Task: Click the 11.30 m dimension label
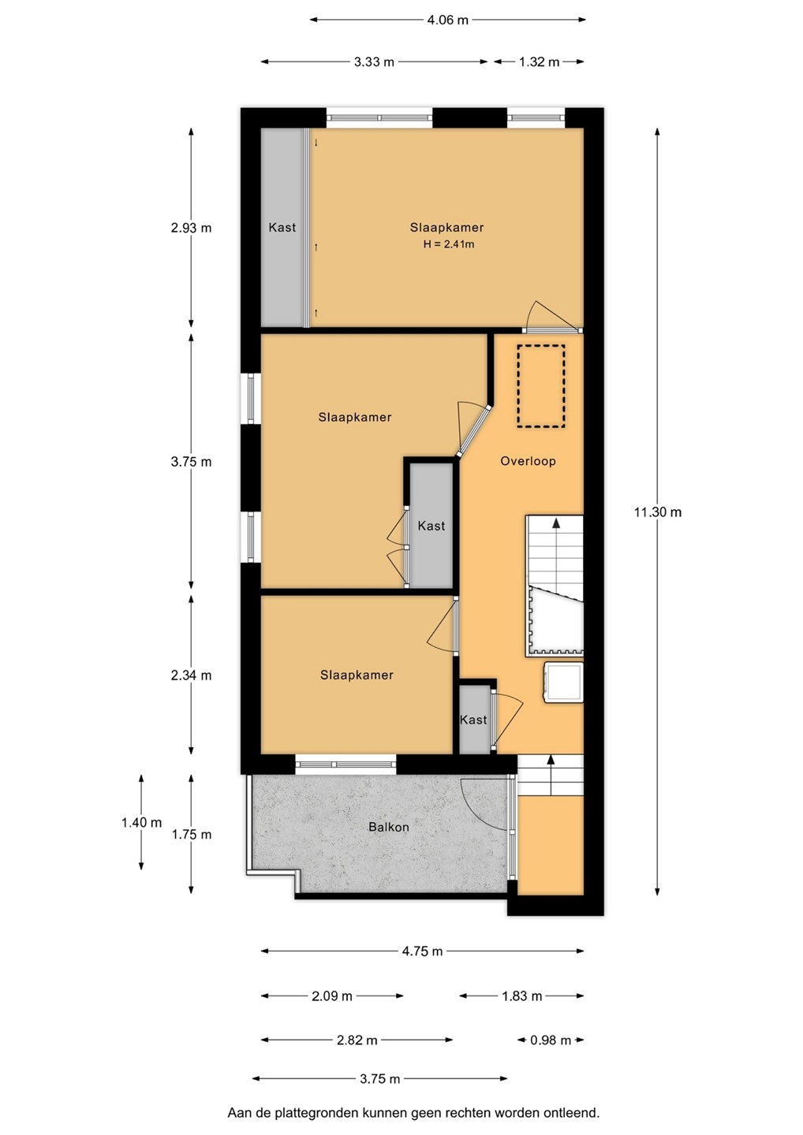[x=658, y=512]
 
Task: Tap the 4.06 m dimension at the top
[x=448, y=20]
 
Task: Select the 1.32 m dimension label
[x=539, y=61]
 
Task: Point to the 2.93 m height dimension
[x=191, y=228]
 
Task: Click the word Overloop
[x=528, y=461]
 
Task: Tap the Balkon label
[x=388, y=827]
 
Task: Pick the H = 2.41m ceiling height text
[x=449, y=244]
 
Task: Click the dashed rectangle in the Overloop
[x=541, y=386]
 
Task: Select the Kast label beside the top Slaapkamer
[x=282, y=228]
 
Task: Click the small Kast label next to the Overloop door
[x=473, y=720]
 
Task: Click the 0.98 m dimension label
[x=551, y=1040]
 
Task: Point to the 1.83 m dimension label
[x=521, y=996]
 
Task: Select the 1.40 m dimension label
[x=141, y=822]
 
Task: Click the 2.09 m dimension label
[x=331, y=996]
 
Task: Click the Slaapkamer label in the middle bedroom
[x=355, y=417]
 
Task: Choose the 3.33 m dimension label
[x=374, y=61]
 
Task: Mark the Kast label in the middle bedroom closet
[x=431, y=526]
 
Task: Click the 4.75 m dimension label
[x=422, y=951]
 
